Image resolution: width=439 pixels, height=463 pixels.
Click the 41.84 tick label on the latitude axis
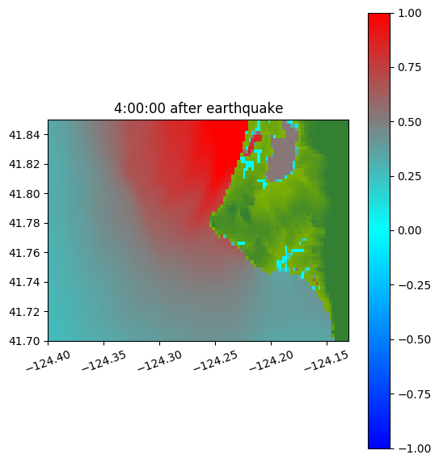click(x=24, y=135)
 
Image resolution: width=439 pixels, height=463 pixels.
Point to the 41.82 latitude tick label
click(x=24, y=164)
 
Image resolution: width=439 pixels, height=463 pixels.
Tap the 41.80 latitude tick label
click(x=24, y=194)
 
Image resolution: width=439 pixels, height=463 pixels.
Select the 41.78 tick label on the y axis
click(x=24, y=223)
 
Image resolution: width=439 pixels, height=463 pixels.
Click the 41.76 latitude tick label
click(x=24, y=253)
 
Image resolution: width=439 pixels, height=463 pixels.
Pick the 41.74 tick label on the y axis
click(x=24, y=282)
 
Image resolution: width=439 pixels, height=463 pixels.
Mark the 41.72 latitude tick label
click(x=24, y=312)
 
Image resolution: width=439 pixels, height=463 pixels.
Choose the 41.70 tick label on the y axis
click(x=24, y=341)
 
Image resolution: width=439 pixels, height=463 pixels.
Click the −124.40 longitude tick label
click(x=49, y=360)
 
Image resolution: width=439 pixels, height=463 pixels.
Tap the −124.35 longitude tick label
click(x=104, y=360)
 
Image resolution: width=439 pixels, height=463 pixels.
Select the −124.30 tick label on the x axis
click(x=160, y=360)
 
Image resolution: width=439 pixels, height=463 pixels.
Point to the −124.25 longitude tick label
click(x=216, y=360)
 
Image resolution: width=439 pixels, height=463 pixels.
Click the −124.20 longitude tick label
click(x=272, y=360)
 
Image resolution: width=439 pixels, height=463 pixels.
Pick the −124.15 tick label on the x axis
click(x=327, y=360)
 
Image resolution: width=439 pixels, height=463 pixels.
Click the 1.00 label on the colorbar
click(x=409, y=13)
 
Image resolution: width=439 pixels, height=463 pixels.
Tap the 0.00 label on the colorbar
click(x=409, y=230)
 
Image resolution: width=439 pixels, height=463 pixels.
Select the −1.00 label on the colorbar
click(x=414, y=448)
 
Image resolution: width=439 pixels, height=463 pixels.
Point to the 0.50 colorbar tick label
click(x=409, y=122)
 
